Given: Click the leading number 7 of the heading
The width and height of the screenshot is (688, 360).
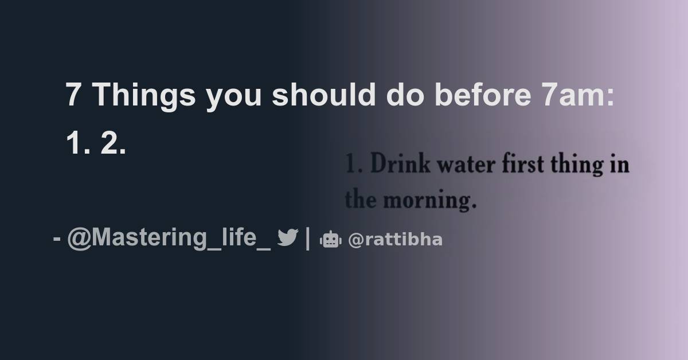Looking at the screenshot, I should pos(72,96).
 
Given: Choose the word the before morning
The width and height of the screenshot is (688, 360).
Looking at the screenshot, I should pos(361,200).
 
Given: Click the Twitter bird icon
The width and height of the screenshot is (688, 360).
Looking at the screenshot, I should pos(287,238).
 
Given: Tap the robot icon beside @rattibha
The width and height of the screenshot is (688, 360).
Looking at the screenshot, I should pos(330,240).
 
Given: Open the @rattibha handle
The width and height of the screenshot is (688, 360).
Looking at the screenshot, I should pos(395,240).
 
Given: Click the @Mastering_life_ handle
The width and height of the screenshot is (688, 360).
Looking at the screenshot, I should pos(169,238).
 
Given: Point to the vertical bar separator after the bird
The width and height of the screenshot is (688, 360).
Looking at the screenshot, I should pos(308,238).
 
